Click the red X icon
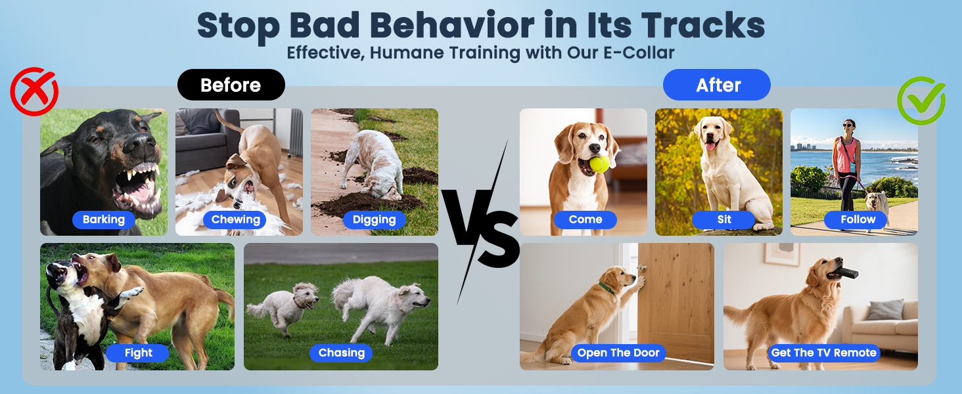coord(34,92)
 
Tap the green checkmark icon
coord(921,100)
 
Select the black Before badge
coord(231,85)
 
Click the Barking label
coord(104,219)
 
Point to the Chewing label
coord(235,219)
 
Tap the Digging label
coord(374,219)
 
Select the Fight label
coord(138,353)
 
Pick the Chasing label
coord(341,353)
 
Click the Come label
coord(585,219)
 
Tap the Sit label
coord(723,219)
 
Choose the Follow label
coord(858,219)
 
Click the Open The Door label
coord(618,353)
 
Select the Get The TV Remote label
coord(823,353)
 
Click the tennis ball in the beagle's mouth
coord(599,164)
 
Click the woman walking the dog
coord(846,158)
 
